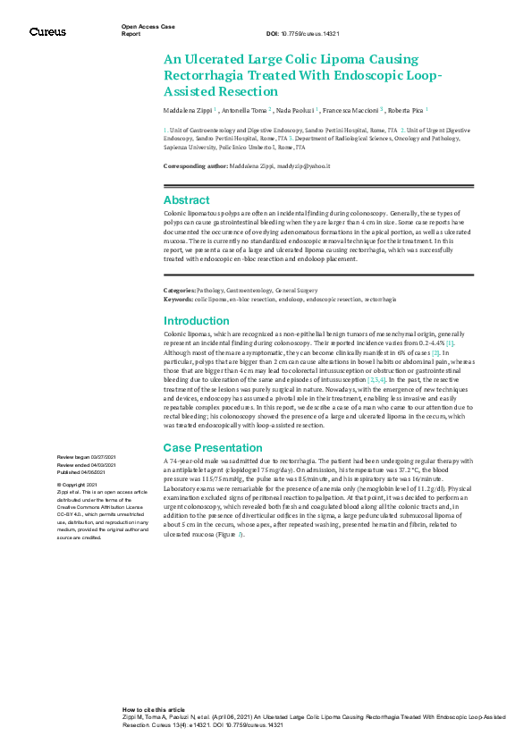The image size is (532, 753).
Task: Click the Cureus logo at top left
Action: tap(47, 32)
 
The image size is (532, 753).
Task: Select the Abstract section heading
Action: tap(186, 200)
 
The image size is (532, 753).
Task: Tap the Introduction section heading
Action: tap(196, 321)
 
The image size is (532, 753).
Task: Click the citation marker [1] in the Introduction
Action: tap(451, 343)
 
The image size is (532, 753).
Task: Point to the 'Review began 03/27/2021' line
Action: tap(84, 457)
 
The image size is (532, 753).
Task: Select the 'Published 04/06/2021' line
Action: tap(82, 471)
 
